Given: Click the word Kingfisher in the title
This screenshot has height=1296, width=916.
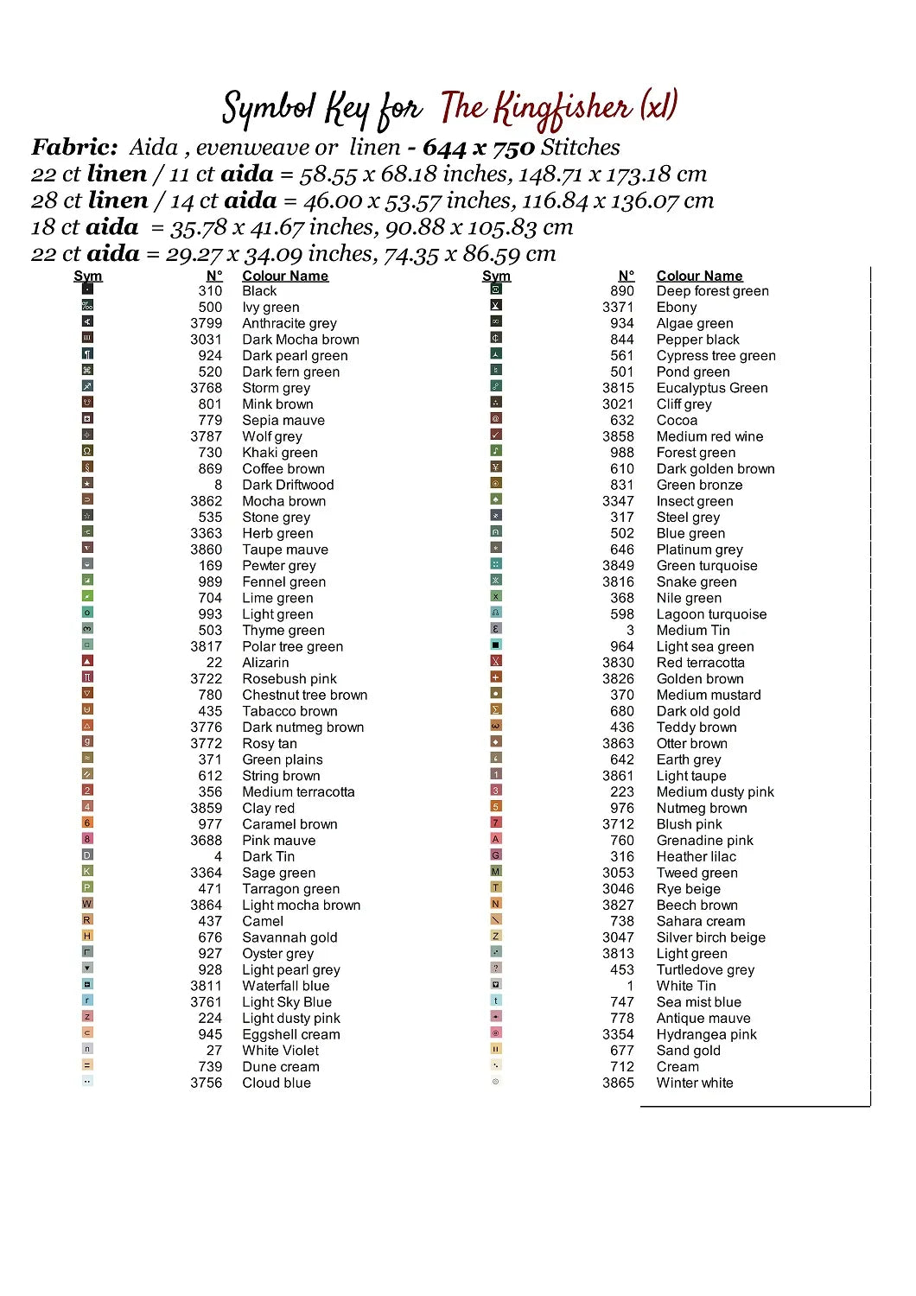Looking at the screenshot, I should pyautogui.click(x=562, y=109).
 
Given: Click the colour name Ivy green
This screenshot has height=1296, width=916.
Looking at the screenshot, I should pyautogui.click(x=270, y=308).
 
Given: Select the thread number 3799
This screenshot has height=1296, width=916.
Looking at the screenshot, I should pyautogui.click(x=207, y=323).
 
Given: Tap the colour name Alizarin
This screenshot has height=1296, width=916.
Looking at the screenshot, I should pyautogui.click(x=265, y=663).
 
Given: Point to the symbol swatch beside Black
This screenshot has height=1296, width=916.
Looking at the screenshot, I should pyautogui.click(x=87, y=289).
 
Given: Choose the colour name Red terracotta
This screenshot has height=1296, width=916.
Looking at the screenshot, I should pyautogui.click(x=700, y=663).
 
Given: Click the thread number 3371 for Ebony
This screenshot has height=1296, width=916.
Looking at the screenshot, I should pyautogui.click(x=618, y=308).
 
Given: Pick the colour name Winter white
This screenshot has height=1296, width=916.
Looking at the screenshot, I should pyautogui.click(x=694, y=1083).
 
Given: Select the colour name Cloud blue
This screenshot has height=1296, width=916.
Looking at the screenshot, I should pyautogui.click(x=276, y=1083).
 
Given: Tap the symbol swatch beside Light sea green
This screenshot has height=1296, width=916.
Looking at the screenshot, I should pyautogui.click(x=496, y=645).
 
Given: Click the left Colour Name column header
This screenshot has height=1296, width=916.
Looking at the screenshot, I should pyautogui.click(x=285, y=276).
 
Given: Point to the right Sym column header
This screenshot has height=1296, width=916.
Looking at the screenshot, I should pyautogui.click(x=496, y=276).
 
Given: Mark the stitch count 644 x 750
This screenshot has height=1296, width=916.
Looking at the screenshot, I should pyautogui.click(x=478, y=148).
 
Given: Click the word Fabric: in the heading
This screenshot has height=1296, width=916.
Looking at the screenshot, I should pyautogui.click(x=74, y=148).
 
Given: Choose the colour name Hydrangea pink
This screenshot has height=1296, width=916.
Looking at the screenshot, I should pyautogui.click(x=706, y=1034).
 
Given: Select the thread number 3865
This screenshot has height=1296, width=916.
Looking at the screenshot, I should pyautogui.click(x=618, y=1083).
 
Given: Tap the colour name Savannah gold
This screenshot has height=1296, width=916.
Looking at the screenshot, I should pyautogui.click(x=289, y=937).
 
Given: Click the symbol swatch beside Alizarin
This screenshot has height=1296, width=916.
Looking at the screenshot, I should pyautogui.click(x=87, y=661).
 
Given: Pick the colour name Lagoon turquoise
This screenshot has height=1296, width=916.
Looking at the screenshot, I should pyautogui.click(x=711, y=614).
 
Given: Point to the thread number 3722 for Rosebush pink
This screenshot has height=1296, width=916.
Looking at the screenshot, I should pyautogui.click(x=207, y=679).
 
